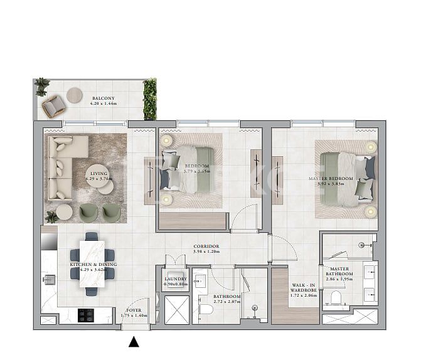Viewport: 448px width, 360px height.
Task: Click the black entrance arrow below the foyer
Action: pos(134,342)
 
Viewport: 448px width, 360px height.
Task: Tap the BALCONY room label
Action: pos(103,98)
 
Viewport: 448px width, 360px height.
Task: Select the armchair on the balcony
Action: pos(53,106)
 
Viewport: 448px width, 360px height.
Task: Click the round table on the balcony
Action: pos(75,94)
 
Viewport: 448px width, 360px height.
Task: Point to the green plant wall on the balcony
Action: pos(149,99)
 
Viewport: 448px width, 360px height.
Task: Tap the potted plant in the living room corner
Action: pos(50,216)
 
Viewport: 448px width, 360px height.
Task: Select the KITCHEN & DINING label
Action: pos(93,265)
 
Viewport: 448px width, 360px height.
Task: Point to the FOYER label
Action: pos(133,310)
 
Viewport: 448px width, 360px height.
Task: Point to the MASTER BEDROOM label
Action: pos(331,179)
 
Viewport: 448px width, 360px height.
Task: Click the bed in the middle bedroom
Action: pos(191,169)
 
